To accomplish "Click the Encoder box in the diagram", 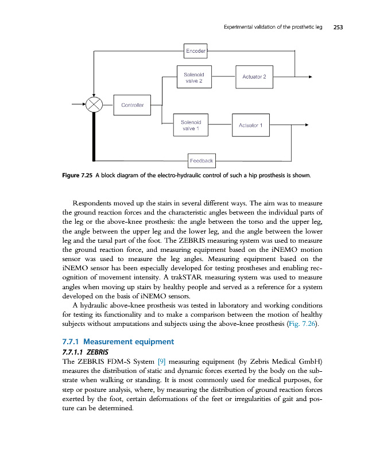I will coord(195,51).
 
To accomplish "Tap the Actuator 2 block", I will coord(254,77).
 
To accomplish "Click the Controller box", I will coord(132,105).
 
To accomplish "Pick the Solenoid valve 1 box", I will coord(190,125).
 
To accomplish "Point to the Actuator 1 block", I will coord(250,125).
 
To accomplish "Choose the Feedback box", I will coord(201,161).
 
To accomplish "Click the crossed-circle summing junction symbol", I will coord(94,106).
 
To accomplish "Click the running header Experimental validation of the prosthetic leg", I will coord(273,27).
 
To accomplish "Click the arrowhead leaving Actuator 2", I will coord(310,76).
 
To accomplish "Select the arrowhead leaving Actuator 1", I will coord(307,125).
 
